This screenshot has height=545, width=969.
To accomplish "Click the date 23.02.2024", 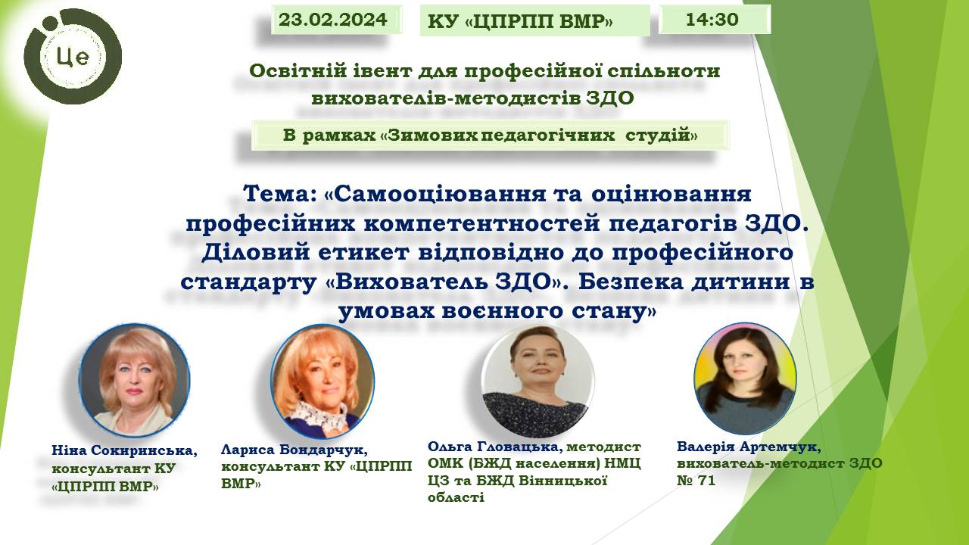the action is pyautogui.click(x=332, y=20).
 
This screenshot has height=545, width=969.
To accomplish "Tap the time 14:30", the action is pyautogui.click(x=712, y=20).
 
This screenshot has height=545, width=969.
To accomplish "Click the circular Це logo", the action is pyautogui.click(x=73, y=56).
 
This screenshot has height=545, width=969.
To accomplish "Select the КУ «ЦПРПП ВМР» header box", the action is pyautogui.click(x=534, y=20).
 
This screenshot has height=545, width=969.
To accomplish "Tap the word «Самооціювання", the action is pyautogui.click(x=435, y=195).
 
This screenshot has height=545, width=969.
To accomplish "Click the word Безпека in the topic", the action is pyautogui.click(x=631, y=282).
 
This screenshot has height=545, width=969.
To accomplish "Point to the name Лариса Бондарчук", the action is pyautogui.click(x=294, y=450).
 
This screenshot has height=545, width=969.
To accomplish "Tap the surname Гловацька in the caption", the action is pyautogui.click(x=521, y=446).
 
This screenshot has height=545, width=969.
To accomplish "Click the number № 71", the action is pyautogui.click(x=696, y=481).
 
